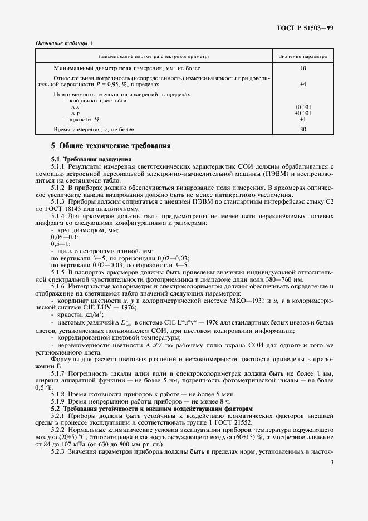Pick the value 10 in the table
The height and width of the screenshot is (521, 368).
pos(303,68)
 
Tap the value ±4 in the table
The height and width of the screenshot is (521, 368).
pos(303,85)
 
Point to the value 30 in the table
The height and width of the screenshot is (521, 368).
pos(303,129)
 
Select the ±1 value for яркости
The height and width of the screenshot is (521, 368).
pos(303,119)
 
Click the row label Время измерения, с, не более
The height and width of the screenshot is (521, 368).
pos(94,129)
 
